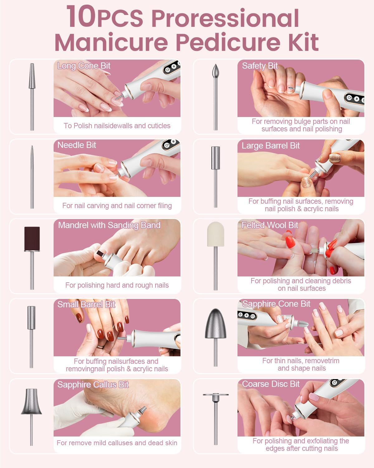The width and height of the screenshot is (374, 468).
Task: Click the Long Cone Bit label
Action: pos(84,66)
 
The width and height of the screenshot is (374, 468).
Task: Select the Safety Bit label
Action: pos(260,66)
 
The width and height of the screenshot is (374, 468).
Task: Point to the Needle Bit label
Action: pos(77,145)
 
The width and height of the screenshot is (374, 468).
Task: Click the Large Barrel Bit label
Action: pos(271,146)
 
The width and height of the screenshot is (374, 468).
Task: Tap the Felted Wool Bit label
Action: pos(270,225)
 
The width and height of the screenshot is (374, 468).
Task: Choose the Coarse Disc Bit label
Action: pos(271,384)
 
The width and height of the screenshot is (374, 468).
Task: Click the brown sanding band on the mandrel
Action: pos(32,239)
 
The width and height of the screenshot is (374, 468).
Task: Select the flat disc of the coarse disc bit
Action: pos(215,395)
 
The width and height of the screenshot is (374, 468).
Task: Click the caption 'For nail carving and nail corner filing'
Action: pos(117,206)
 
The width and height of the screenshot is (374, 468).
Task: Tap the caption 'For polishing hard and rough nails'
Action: pos(117,285)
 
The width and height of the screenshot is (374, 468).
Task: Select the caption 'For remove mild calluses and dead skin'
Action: pos(117,443)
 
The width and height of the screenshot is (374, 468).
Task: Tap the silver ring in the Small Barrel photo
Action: pos(100,346)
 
